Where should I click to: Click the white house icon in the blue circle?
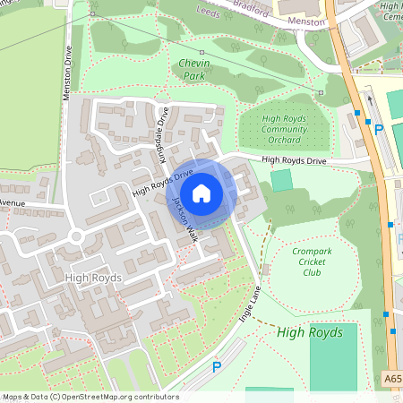point(201,193)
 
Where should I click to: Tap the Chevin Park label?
point(193,71)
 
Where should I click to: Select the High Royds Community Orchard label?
point(285,129)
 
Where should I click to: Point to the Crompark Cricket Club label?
point(312,262)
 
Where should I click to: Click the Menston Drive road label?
point(67,81)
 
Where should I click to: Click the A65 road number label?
point(393,378)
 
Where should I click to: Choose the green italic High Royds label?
point(309,332)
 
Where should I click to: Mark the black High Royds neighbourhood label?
point(93,279)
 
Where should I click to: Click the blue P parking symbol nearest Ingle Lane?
point(216,367)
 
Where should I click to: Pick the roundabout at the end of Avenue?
point(77,237)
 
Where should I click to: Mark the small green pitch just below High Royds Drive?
point(281,179)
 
